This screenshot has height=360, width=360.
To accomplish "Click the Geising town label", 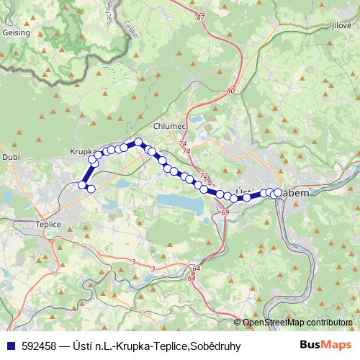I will (16, 32).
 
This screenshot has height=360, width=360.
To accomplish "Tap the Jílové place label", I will (340, 24).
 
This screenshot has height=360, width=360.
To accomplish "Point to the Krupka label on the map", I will (83, 152).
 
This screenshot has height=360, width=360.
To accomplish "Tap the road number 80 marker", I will (230, 91).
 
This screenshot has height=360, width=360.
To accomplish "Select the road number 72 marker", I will (204, 175).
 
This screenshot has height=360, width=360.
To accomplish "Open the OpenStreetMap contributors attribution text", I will (297, 323).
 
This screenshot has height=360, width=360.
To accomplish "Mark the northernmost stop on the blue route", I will (138, 143).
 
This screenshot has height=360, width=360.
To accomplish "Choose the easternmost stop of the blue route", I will (278, 192).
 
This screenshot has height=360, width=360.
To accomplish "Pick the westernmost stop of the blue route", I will (82, 185).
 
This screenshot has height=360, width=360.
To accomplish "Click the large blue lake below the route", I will (180, 203).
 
